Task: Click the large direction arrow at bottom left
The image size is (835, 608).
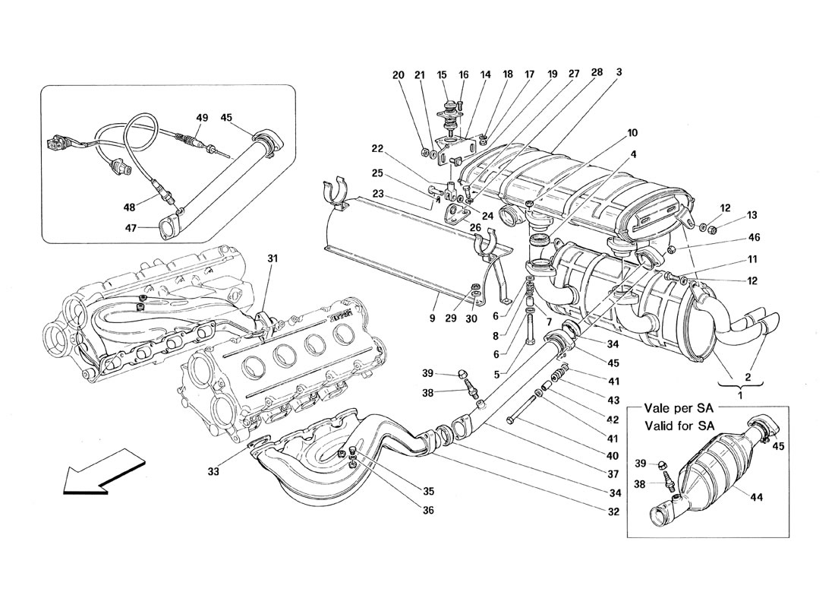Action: tap(102, 472)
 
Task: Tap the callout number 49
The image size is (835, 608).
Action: tap(201, 118)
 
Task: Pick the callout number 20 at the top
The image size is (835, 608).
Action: tap(399, 75)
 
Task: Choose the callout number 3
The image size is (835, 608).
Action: tap(619, 73)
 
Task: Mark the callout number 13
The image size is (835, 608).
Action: tap(730, 215)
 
